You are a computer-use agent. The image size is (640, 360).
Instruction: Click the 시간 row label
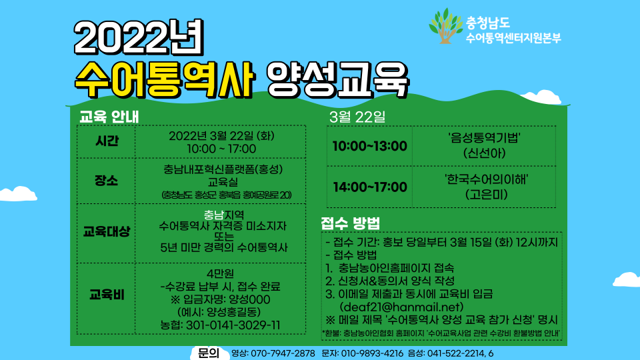point(107,141)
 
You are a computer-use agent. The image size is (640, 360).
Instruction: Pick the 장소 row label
point(107,181)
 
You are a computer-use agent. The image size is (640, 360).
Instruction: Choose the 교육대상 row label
point(107,232)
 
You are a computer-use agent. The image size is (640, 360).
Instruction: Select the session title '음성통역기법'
point(484,139)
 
